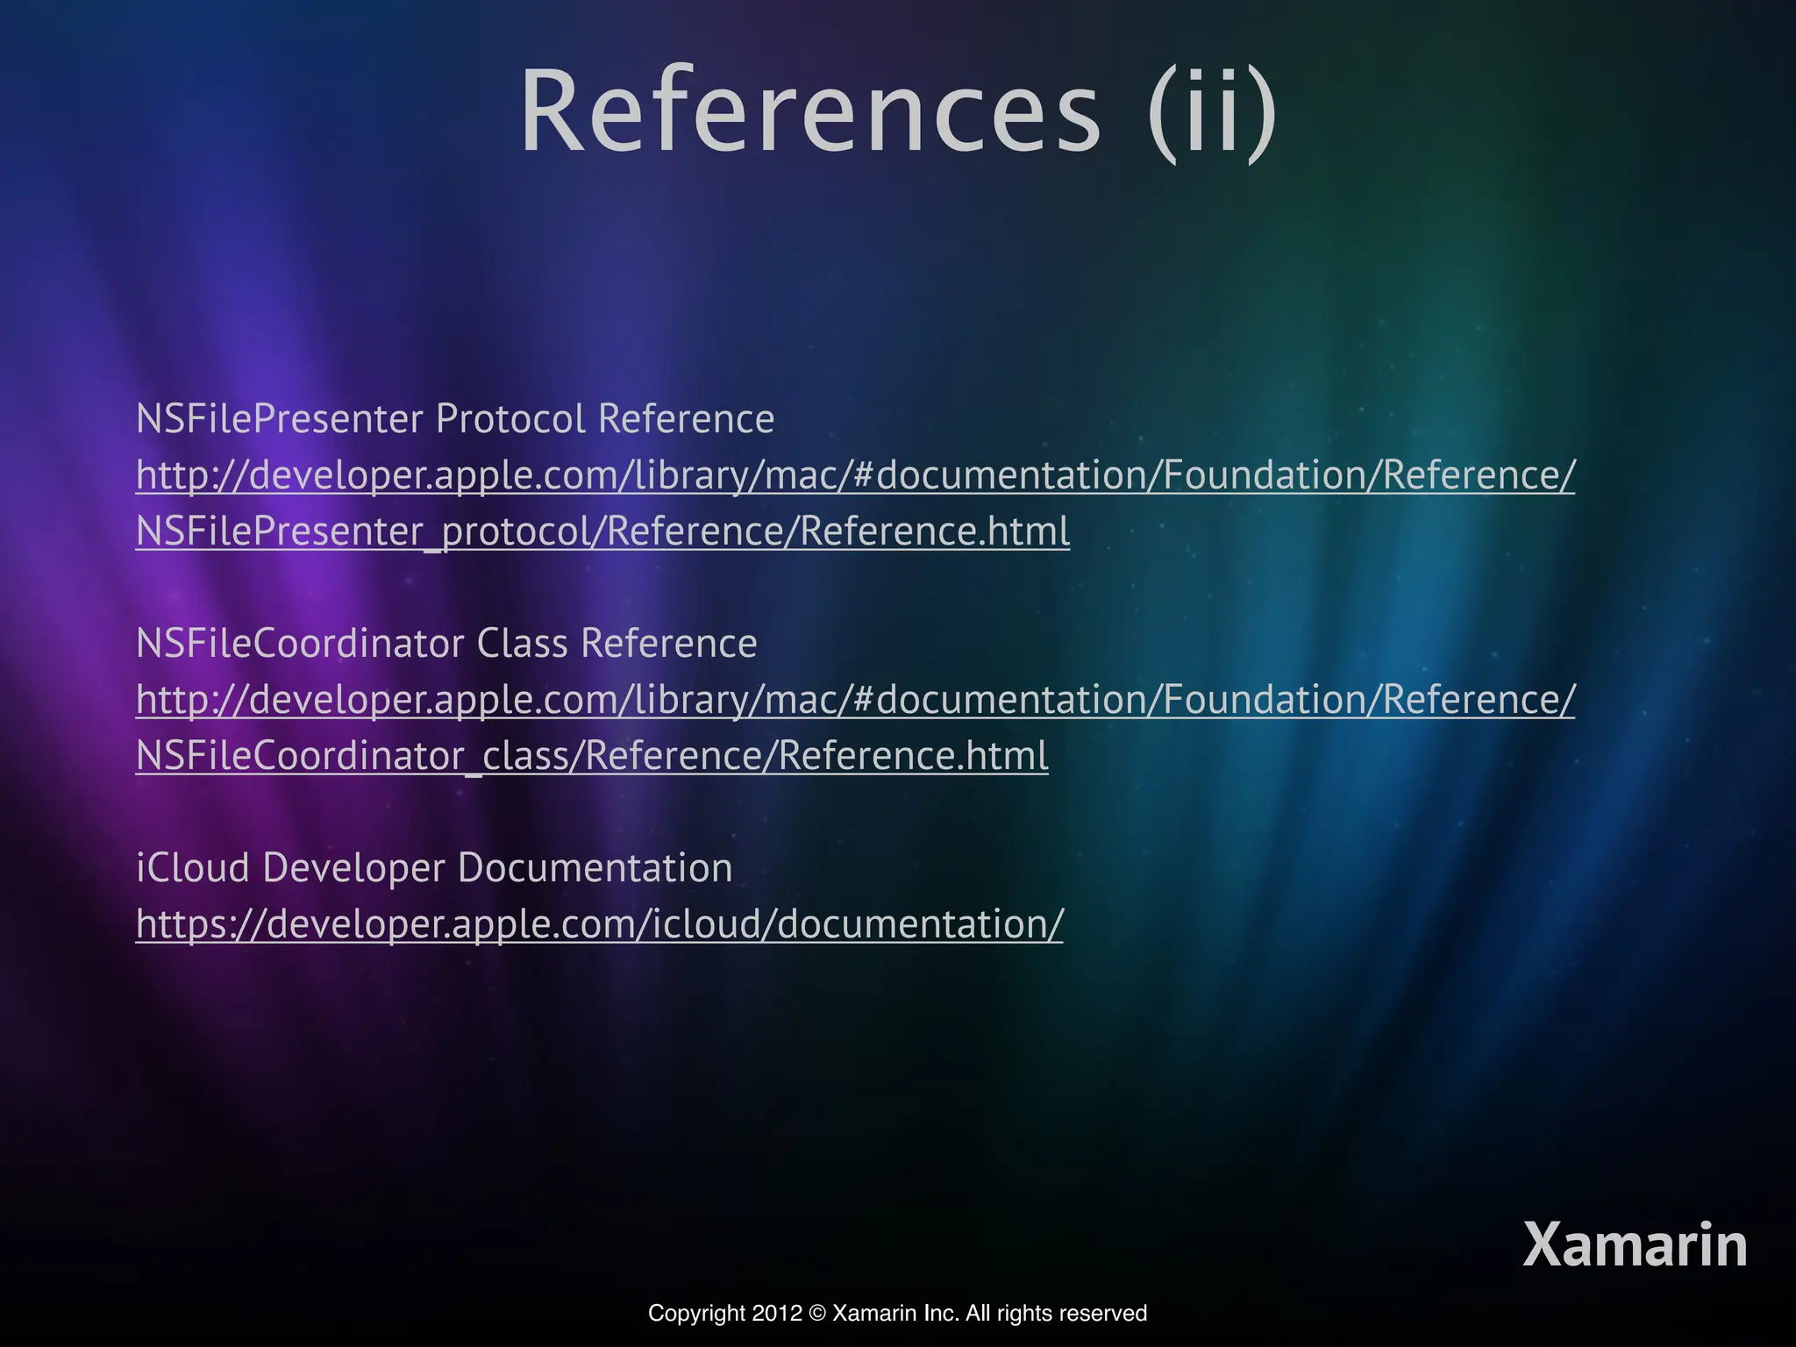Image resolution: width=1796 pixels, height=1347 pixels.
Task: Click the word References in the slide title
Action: [x=809, y=112]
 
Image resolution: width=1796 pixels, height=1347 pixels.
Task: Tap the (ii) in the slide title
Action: [x=1213, y=112]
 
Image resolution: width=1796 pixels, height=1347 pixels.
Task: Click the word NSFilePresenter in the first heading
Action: [x=279, y=419]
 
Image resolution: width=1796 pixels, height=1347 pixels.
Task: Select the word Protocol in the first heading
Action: [x=510, y=419]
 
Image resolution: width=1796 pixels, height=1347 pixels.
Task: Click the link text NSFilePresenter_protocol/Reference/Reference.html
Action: [x=602, y=531]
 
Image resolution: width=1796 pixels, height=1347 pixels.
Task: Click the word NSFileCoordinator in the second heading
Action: [x=300, y=644]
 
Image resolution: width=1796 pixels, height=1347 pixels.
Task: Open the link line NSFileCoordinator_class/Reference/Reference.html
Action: [x=592, y=756]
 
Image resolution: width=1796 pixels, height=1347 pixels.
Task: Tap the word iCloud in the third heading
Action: [x=193, y=868]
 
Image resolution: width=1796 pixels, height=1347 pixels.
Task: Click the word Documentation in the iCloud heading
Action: [x=595, y=868]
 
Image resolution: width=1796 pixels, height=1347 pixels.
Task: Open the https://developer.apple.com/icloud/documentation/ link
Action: [x=599, y=924]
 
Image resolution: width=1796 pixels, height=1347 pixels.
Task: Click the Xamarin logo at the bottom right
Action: [x=1635, y=1244]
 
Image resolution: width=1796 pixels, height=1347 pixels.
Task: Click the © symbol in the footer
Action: [x=817, y=1314]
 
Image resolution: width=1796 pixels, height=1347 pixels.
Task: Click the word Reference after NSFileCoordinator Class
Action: [x=668, y=644]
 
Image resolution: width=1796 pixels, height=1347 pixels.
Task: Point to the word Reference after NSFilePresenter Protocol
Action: [x=686, y=419]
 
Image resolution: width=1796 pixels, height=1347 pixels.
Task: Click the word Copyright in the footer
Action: [x=696, y=1314]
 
